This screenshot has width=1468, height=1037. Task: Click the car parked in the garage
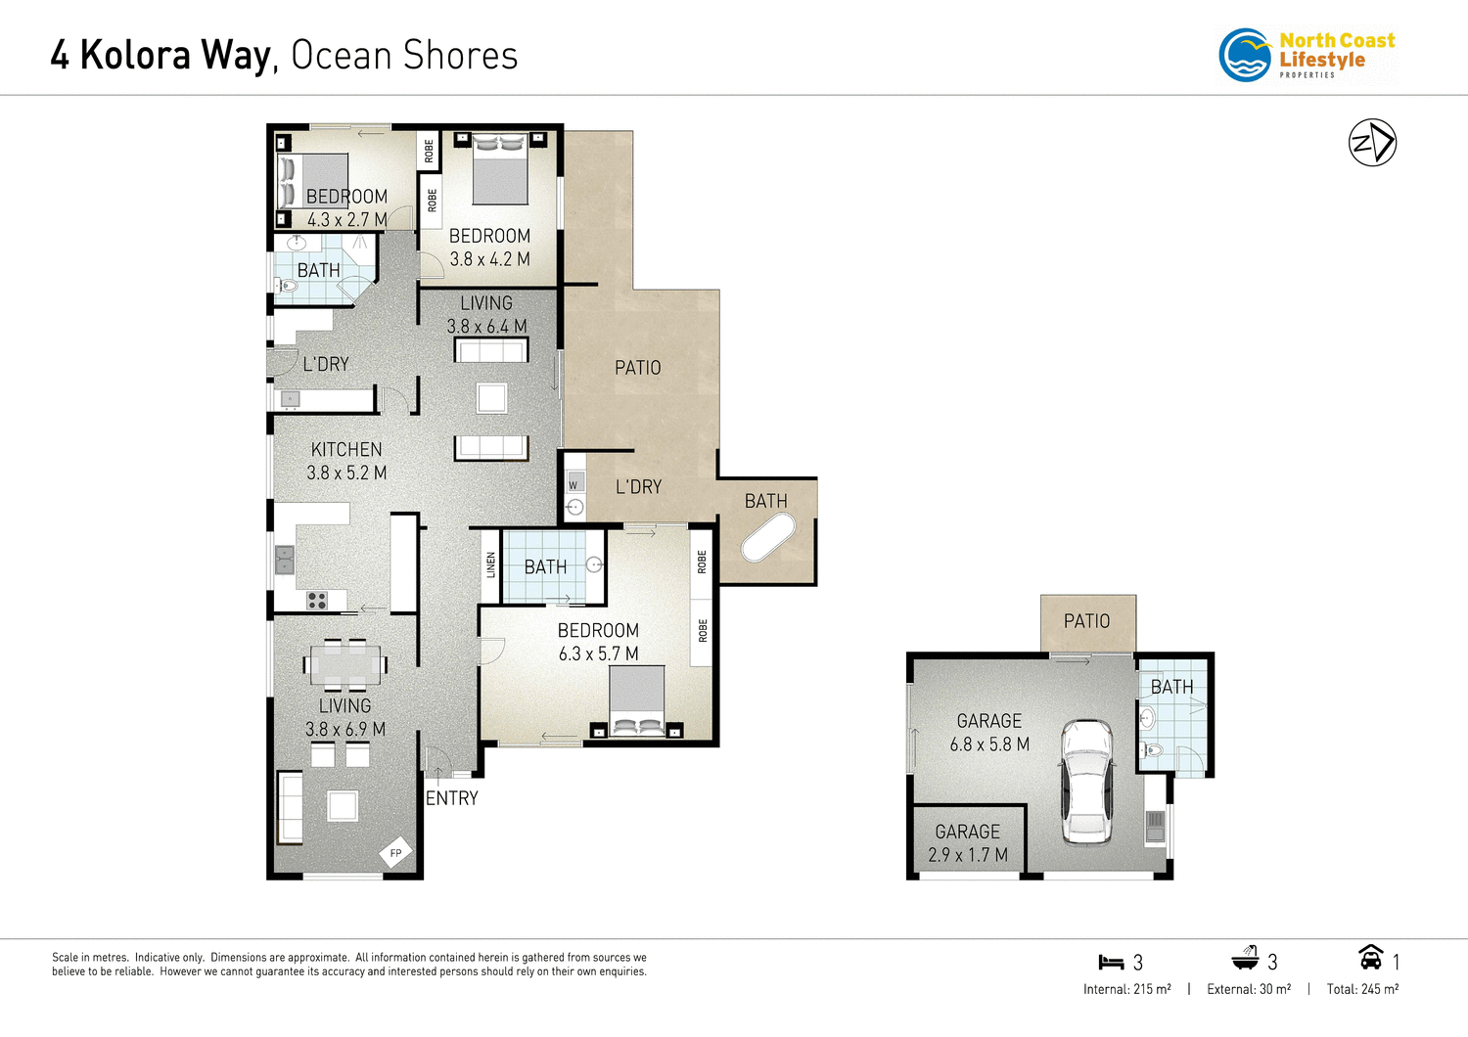pos(1087,782)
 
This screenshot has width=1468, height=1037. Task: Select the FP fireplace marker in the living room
pos(395,853)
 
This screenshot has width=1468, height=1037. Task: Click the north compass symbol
pos(1372,143)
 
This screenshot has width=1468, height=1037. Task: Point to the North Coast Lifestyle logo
pos(1307,55)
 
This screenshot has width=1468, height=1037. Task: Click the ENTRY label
pos(452,798)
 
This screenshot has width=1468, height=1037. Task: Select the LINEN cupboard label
pos(490,564)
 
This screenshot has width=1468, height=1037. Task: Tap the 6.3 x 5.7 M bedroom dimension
pos(598,654)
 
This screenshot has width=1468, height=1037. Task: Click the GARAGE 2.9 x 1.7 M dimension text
pos(967,854)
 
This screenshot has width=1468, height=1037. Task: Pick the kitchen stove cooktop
pos(317,600)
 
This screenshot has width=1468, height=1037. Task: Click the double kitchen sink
pos(284,560)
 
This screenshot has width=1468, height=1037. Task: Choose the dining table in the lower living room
pos(344,665)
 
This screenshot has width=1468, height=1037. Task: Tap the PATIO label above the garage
pos(1086,621)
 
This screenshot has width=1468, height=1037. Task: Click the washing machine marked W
pos(573,483)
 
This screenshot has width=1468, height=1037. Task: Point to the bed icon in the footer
pos(1110,963)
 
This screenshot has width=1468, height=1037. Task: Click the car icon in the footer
pos(1370,957)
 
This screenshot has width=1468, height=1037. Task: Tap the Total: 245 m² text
pos(1362,989)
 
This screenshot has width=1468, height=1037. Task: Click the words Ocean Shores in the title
pos(404,56)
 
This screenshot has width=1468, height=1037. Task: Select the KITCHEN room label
pos(346,450)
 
